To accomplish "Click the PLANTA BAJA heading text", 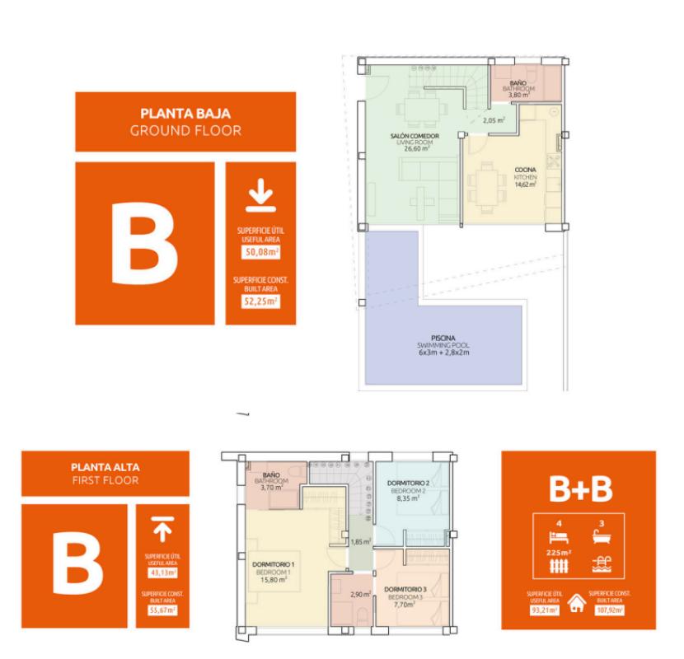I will [x=185, y=114].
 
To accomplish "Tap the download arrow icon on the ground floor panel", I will [x=260, y=199].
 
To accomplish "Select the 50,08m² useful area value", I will [x=260, y=251].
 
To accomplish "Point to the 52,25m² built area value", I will [x=260, y=301].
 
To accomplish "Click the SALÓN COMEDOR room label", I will [x=414, y=135].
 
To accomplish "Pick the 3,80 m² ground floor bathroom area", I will [x=517, y=95].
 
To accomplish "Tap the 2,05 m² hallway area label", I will [x=494, y=121].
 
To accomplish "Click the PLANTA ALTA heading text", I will [x=104, y=467].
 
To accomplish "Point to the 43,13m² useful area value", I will [x=162, y=572].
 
